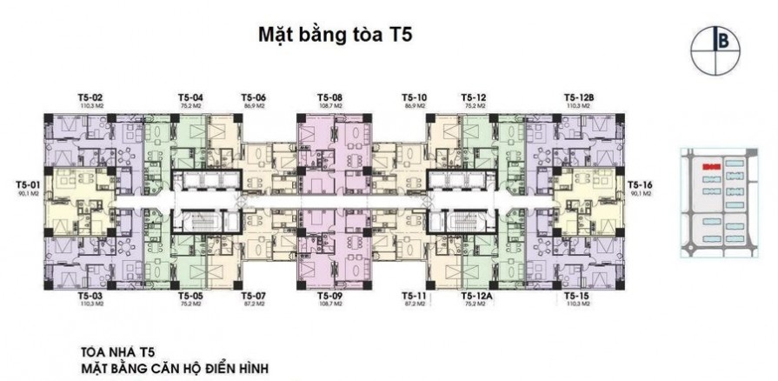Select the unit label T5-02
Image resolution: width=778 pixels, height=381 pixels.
point(90,97)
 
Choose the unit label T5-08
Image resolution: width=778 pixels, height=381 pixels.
point(329,97)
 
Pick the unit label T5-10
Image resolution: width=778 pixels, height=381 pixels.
point(414,97)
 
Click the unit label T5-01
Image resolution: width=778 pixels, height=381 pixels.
point(27,184)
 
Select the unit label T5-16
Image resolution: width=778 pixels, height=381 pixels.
point(639,184)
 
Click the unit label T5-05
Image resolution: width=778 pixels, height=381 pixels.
point(190,297)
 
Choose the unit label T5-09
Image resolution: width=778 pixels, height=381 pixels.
point(329,297)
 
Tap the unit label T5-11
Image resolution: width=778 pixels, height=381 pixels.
point(414,297)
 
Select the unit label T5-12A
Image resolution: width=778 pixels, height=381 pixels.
point(475,297)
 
